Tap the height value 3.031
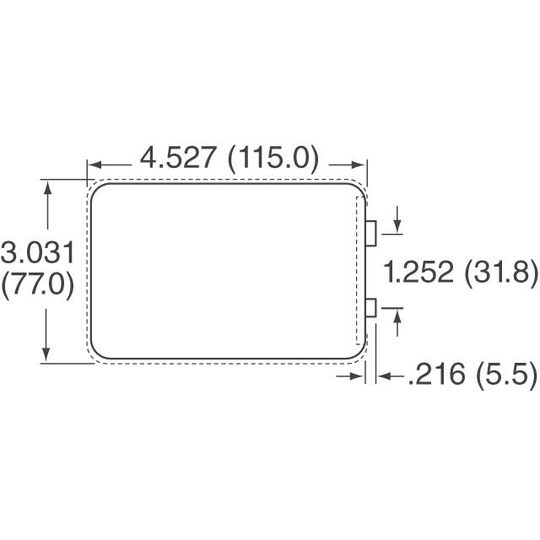39,252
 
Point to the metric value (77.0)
39,283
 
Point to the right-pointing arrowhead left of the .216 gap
358,376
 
